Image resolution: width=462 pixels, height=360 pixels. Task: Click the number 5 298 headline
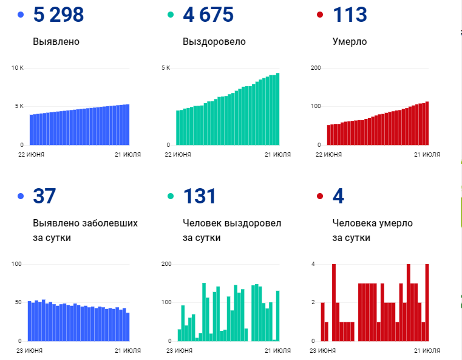(58, 15)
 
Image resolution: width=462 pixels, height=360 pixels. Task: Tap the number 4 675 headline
(208, 15)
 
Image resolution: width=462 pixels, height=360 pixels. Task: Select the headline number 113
(350, 15)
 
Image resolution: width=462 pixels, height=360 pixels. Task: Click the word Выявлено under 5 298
(56, 42)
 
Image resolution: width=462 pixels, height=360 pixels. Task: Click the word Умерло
(350, 42)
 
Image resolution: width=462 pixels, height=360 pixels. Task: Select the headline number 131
(199, 196)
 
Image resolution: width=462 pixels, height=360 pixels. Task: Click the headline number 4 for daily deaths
(339, 196)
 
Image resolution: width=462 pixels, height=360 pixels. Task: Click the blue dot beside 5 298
(21, 15)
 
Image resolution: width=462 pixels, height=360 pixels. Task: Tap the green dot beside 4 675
(171, 15)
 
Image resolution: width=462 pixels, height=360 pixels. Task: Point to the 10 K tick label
(17, 67)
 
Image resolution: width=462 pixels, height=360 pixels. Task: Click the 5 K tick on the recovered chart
(165, 67)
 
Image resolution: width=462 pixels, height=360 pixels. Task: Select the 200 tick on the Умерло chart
(316, 67)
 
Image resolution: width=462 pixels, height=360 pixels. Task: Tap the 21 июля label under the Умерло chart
(427, 155)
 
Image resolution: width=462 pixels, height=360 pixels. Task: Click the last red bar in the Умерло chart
(427, 123)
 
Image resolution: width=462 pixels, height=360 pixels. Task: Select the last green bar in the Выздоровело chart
(277, 109)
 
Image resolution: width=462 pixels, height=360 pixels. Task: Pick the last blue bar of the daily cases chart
(127, 327)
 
